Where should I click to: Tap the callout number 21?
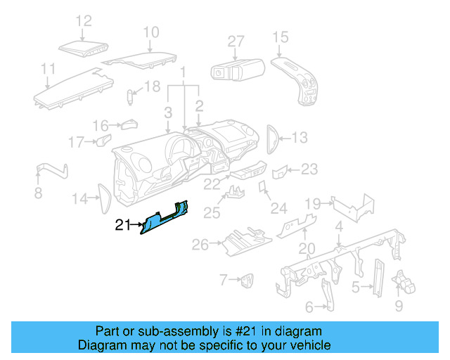[123, 226]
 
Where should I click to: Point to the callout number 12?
[84, 21]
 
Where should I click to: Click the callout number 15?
[280, 37]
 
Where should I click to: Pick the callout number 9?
[399, 306]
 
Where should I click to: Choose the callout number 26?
[200, 244]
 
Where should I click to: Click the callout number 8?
[38, 193]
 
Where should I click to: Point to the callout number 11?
[48, 69]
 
